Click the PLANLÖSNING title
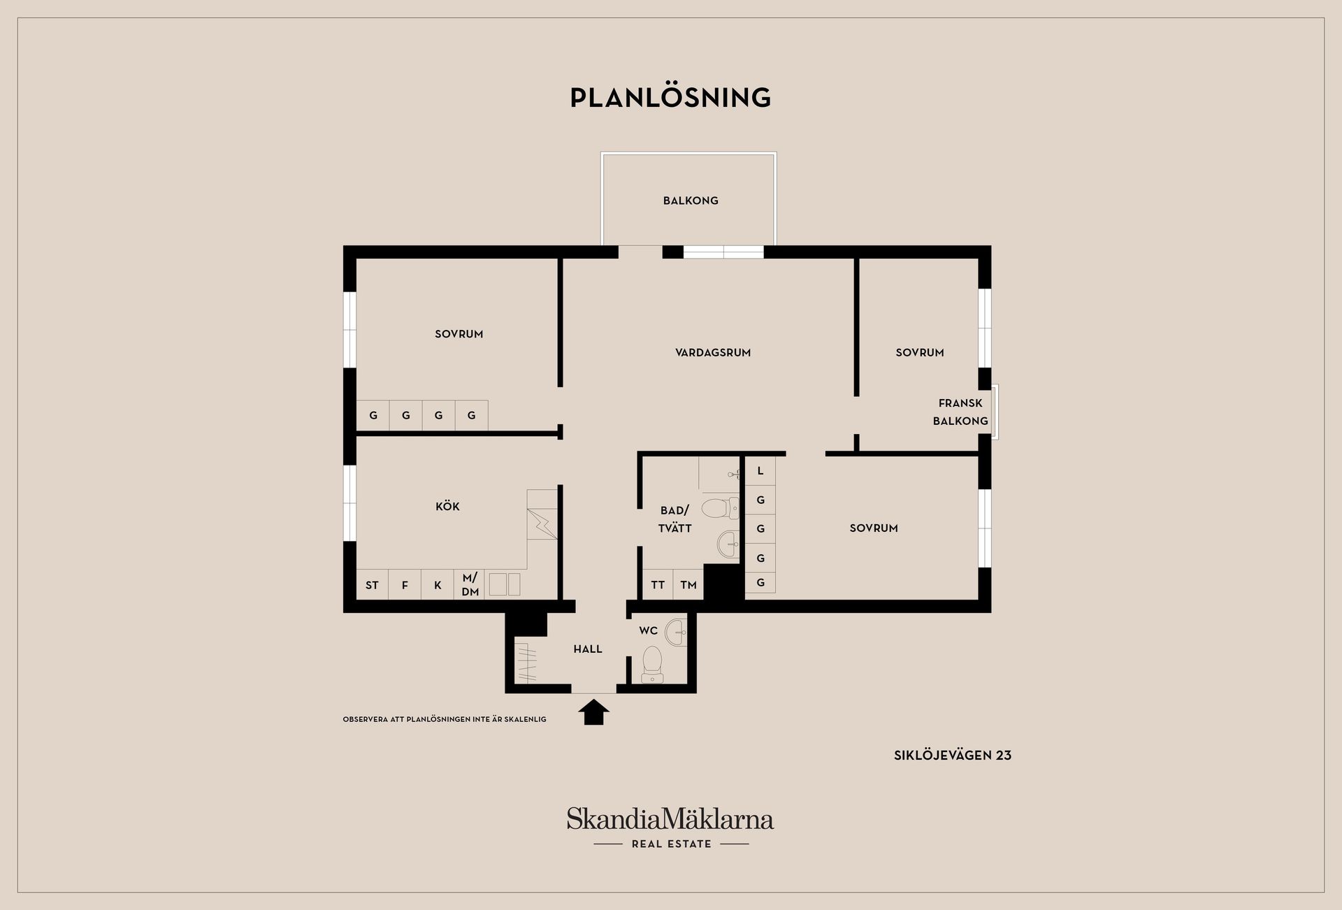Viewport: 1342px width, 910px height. pos(670,97)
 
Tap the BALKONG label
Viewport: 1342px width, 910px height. pos(691,201)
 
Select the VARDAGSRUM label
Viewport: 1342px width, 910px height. pos(713,353)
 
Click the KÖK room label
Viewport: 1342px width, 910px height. pos(447,506)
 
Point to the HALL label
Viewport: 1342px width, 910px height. pos(588,649)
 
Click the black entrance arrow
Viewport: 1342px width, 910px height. pos(594,712)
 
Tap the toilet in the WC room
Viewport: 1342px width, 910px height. pos(652,665)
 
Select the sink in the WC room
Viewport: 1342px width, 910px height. pos(676,633)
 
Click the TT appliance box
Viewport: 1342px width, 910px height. pos(658,585)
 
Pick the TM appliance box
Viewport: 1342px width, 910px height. pos(688,585)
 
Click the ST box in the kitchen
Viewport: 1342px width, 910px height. pos(373,585)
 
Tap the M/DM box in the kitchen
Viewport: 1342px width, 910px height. pos(470,585)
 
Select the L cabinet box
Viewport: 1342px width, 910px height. pos(760,471)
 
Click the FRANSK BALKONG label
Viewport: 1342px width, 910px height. pos(960,412)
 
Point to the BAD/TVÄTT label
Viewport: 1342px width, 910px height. pos(674,519)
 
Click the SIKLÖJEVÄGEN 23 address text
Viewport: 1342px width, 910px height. pos(953,755)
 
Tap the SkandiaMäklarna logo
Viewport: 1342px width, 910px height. pos(670,828)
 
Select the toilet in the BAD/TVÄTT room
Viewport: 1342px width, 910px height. pos(720,508)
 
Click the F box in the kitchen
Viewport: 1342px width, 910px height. pos(405,585)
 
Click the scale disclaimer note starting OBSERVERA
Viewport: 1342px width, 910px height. pos(445,719)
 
